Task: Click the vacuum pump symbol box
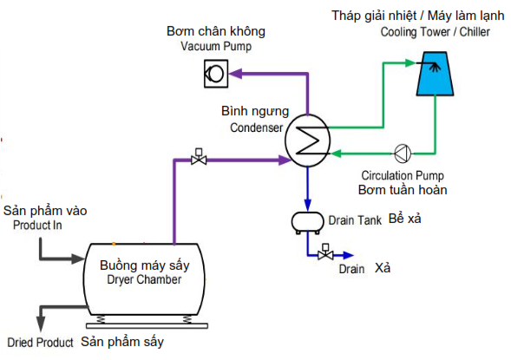216,74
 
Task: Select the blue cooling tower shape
435,74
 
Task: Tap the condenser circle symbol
308,141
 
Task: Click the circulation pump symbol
403,154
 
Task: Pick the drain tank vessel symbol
307,223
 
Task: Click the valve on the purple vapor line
199,157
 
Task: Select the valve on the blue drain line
325,252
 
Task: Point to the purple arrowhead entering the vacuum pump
235,74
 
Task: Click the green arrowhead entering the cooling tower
409,62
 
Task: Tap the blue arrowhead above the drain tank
308,204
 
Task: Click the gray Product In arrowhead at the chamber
78,259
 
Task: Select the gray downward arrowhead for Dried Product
41,324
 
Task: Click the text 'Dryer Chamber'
144,279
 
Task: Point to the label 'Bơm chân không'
216,31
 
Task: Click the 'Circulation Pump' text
403,175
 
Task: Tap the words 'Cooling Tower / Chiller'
435,32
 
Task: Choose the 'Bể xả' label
405,219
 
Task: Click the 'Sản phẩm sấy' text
122,342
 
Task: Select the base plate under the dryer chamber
147,326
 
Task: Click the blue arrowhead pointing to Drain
348,255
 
